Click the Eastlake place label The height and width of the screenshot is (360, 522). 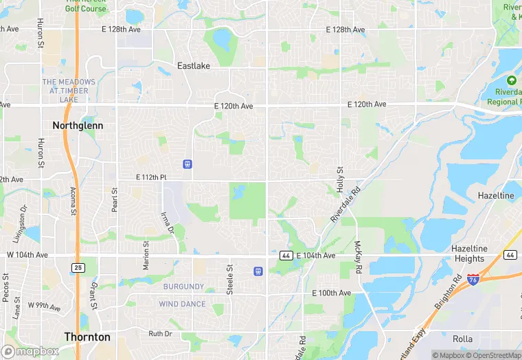click(x=194, y=66)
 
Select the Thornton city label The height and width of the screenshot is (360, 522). click(x=87, y=337)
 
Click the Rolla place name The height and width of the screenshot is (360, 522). click(x=463, y=339)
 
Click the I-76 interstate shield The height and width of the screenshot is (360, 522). click(x=473, y=278)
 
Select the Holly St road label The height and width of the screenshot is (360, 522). click(x=339, y=179)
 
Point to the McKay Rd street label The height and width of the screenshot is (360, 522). click(x=358, y=256)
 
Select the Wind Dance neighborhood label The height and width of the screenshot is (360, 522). click(x=182, y=304)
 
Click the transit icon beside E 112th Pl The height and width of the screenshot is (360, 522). click(x=187, y=164)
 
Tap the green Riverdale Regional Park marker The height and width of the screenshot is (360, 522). click(x=511, y=81)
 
